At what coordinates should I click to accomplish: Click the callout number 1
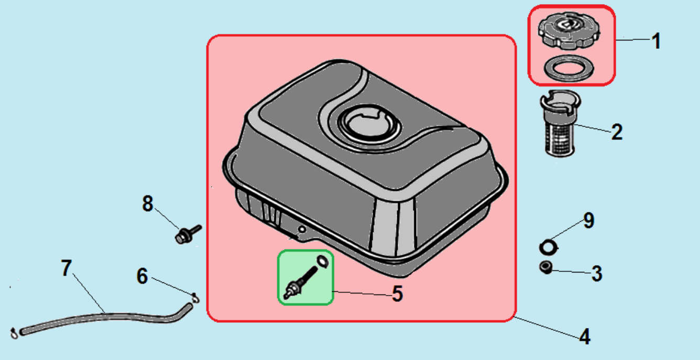pos(656,41)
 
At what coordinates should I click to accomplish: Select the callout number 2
pos(617,132)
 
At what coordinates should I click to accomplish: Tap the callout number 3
pos(597,274)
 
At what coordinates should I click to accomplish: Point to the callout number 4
pos(585,336)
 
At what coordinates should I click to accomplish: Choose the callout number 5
pos(398,294)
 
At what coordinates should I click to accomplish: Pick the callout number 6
pos(142,276)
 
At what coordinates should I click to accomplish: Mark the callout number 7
pos(66,268)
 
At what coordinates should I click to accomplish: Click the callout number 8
pos(148,203)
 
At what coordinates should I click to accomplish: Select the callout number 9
pos(589,220)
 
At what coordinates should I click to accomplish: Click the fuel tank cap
pos(569,30)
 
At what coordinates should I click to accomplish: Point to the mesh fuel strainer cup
pos(560,124)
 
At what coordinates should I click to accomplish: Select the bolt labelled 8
pos(188,234)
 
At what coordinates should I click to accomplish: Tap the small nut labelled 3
pos(546,268)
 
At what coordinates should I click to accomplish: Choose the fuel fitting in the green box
pos(301,283)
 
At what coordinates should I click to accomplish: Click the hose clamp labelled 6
pos(195,298)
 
